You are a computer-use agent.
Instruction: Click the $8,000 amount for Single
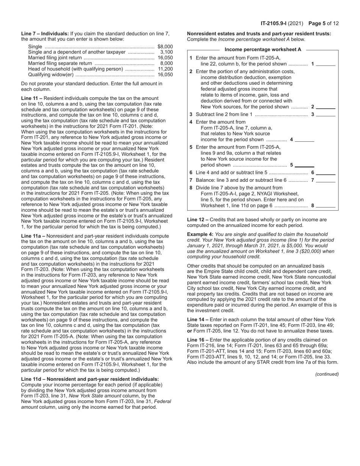165,46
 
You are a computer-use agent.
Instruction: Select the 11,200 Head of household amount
166,69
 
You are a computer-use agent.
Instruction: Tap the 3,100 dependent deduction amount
167,52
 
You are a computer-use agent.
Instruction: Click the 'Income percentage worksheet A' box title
263,50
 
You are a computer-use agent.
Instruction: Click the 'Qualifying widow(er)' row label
51,75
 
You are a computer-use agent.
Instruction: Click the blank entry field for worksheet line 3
326,114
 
